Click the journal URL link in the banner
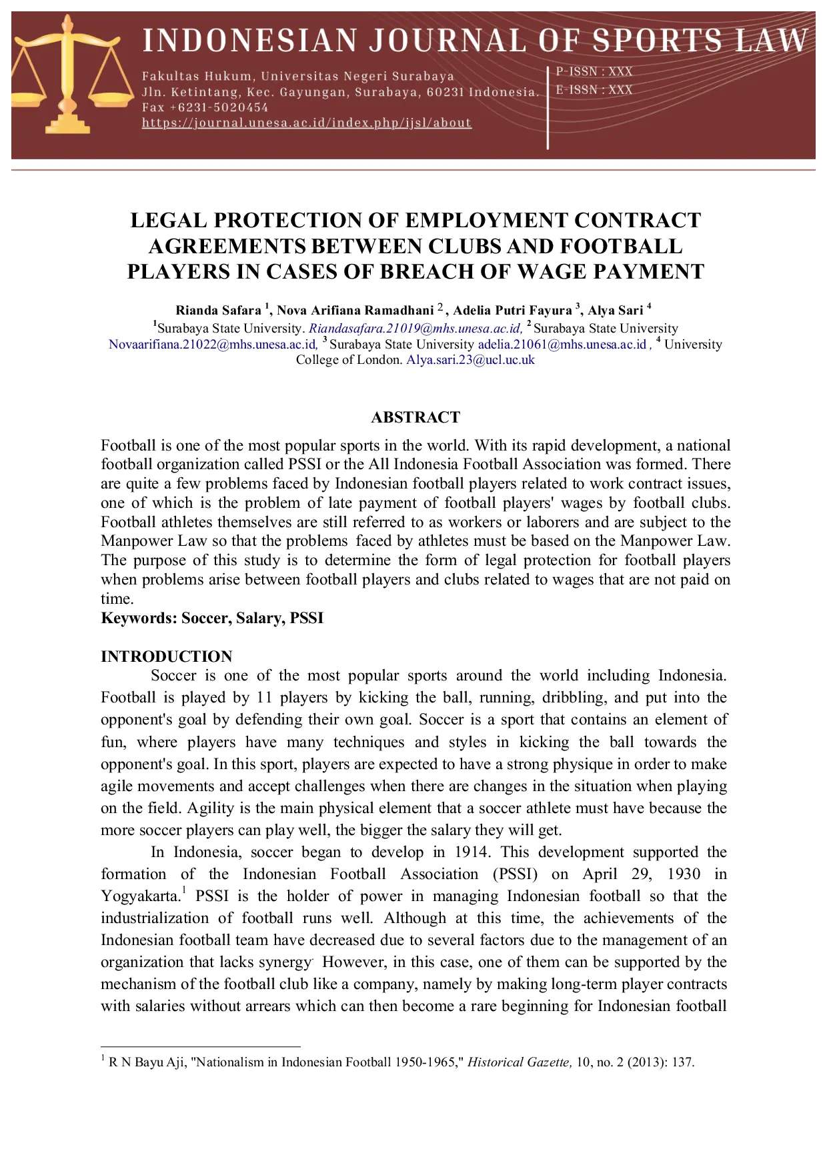click(306, 123)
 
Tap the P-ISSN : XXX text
click(594, 71)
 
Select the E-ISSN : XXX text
click(594, 89)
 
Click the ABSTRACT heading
click(415, 417)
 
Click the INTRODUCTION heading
click(166, 656)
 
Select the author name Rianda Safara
click(218, 311)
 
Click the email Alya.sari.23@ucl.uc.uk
click(470, 360)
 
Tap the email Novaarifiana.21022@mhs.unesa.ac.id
click(212, 345)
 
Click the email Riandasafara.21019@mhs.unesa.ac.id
click(415, 329)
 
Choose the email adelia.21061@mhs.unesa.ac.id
click(562, 345)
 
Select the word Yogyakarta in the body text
click(139, 896)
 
